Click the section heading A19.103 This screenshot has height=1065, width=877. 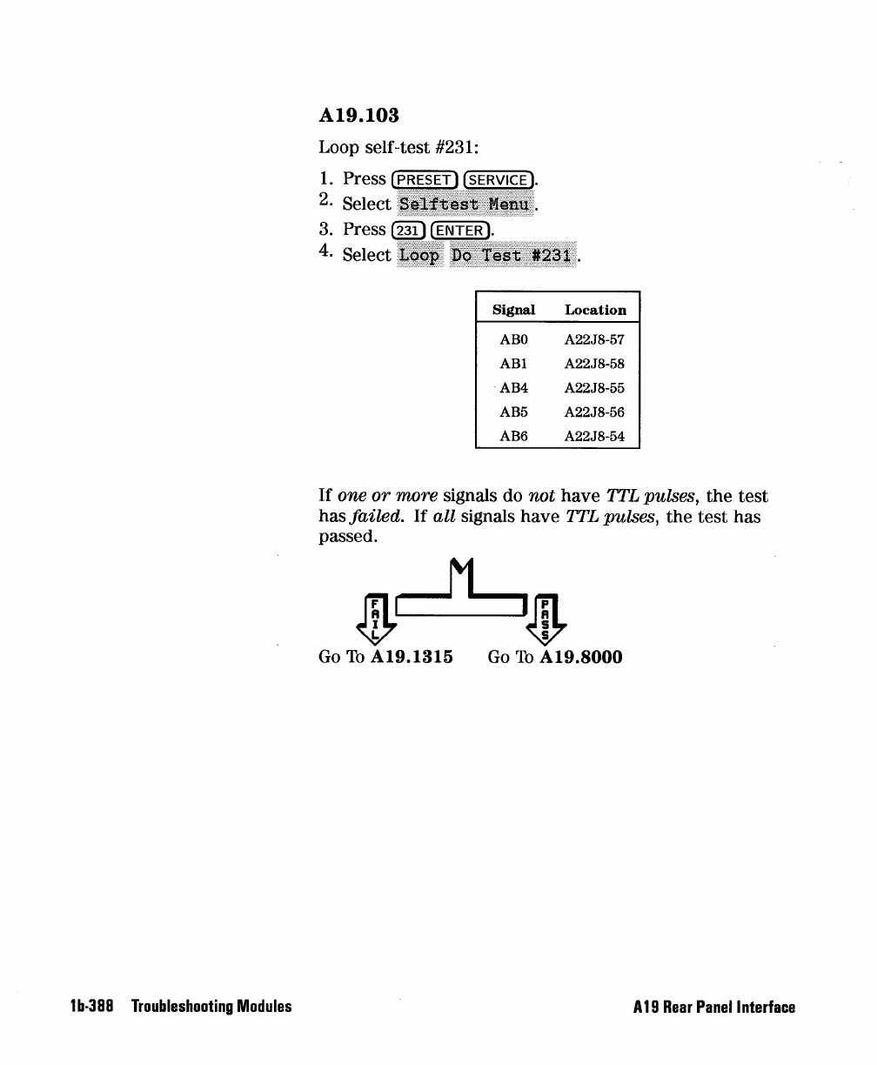pyautogui.click(x=365, y=115)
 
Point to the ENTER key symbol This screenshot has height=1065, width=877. pyautogui.click(x=459, y=230)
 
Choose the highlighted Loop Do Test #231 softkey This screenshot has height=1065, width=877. pyautogui.click(x=487, y=256)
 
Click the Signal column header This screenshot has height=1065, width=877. pyautogui.click(x=513, y=310)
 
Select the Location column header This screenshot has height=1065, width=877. pyautogui.click(x=595, y=310)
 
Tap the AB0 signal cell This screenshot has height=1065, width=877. pyautogui.click(x=513, y=339)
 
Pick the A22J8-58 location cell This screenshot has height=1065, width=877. pyautogui.click(x=594, y=364)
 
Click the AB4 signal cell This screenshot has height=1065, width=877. pyautogui.click(x=513, y=388)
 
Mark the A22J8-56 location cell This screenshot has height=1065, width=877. pyautogui.click(x=594, y=412)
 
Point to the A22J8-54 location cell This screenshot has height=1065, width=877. pyautogui.click(x=594, y=437)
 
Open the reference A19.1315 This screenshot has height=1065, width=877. pyautogui.click(x=412, y=657)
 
